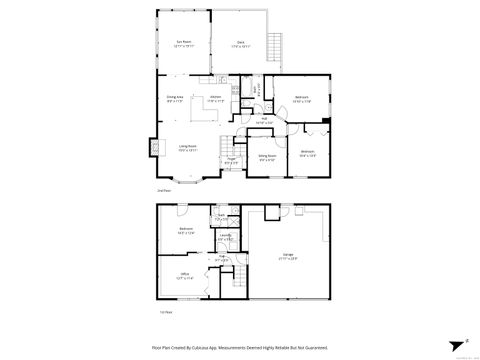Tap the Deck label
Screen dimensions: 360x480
coord(241,43)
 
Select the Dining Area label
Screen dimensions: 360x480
coord(175,96)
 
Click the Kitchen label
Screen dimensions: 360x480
coord(215,96)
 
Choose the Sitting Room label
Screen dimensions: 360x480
coord(267,156)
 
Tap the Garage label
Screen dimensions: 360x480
coord(287,254)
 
